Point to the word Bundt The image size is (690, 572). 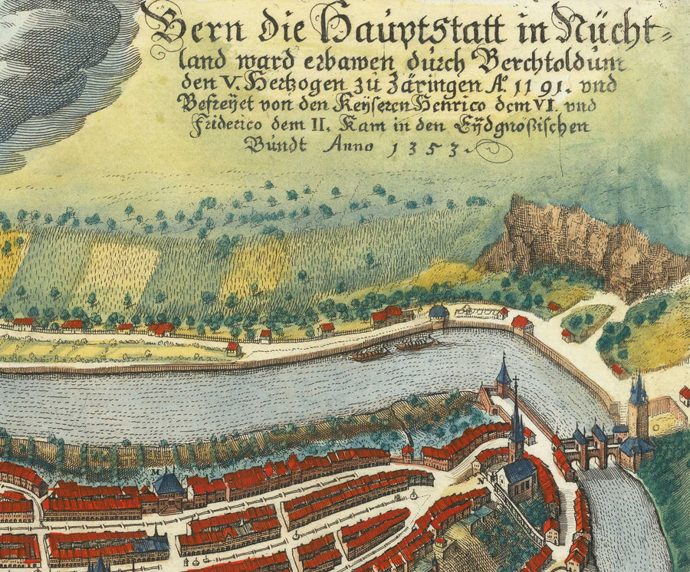pos(277,144)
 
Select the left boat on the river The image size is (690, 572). pos(370,353)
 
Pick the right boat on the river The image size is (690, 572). pos(418,344)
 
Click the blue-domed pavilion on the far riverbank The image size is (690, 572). pos(439,314)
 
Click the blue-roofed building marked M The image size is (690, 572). pos(168,486)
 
